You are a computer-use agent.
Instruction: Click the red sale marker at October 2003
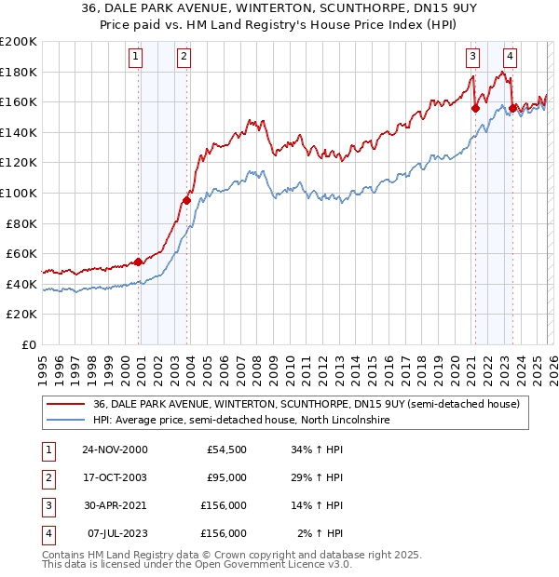click(187, 200)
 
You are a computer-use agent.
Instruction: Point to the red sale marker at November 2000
click(139, 262)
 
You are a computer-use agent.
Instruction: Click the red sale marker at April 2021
click(475, 108)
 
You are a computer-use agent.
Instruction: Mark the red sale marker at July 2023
click(512, 108)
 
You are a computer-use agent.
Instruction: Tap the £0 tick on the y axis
click(29, 344)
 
